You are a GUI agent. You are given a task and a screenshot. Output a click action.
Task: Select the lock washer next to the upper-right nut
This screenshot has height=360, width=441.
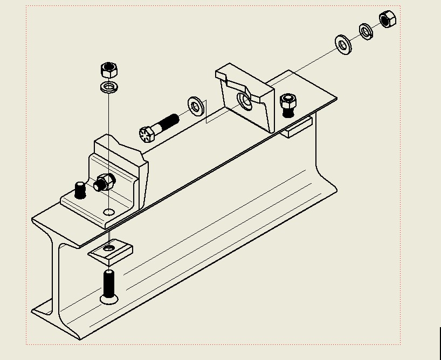[366, 31]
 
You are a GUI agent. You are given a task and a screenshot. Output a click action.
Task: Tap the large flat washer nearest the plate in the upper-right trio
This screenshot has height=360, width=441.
[343, 45]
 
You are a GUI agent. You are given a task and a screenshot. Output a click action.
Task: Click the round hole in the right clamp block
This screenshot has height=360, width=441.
[245, 100]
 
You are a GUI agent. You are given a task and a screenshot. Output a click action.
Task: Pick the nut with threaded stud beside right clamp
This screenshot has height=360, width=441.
[288, 104]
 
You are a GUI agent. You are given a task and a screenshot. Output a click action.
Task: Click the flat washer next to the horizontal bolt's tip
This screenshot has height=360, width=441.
[196, 106]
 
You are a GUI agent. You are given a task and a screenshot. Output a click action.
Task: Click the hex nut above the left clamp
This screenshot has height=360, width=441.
[109, 70]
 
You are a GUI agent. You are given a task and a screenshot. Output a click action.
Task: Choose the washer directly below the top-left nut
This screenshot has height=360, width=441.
[109, 87]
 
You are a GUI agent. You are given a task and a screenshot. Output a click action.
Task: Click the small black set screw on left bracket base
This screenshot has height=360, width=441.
[80, 190]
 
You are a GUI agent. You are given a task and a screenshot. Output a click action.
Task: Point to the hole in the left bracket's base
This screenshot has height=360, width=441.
[109, 212]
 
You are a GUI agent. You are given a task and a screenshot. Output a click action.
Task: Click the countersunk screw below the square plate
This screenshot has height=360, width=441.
[109, 286]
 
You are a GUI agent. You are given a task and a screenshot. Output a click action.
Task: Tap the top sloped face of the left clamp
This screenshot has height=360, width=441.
[121, 146]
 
